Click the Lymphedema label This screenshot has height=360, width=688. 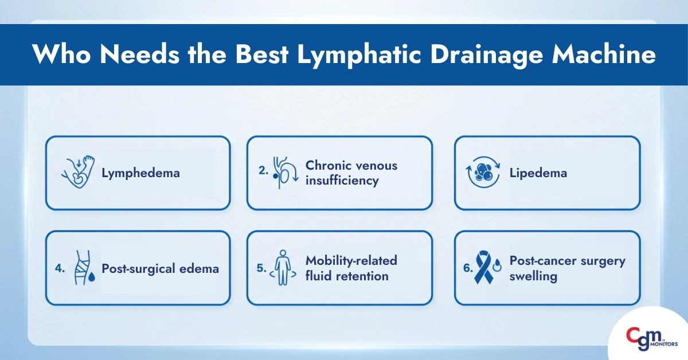140,173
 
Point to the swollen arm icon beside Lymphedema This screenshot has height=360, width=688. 79,172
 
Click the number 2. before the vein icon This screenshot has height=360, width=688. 263,171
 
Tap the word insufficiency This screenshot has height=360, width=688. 342,181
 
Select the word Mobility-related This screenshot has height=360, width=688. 351,260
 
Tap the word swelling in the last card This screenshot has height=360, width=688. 533,277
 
